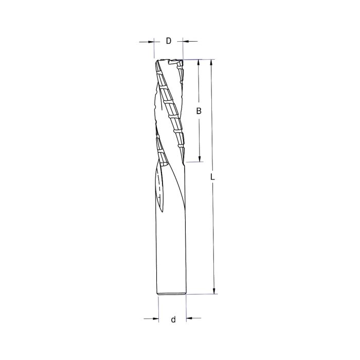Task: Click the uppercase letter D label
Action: coord(168,41)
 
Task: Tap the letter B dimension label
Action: coord(199,111)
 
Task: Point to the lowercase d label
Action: coord(173,319)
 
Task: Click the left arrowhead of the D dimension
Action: coord(151,41)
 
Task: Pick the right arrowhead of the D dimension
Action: coord(186,41)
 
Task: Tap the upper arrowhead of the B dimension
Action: coord(199,63)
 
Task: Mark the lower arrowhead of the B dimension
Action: coord(199,158)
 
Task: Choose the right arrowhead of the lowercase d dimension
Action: coord(189,319)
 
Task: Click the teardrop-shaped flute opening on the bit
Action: coord(159,190)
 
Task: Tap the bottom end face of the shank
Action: coord(171,295)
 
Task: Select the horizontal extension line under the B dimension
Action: coord(193,161)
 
